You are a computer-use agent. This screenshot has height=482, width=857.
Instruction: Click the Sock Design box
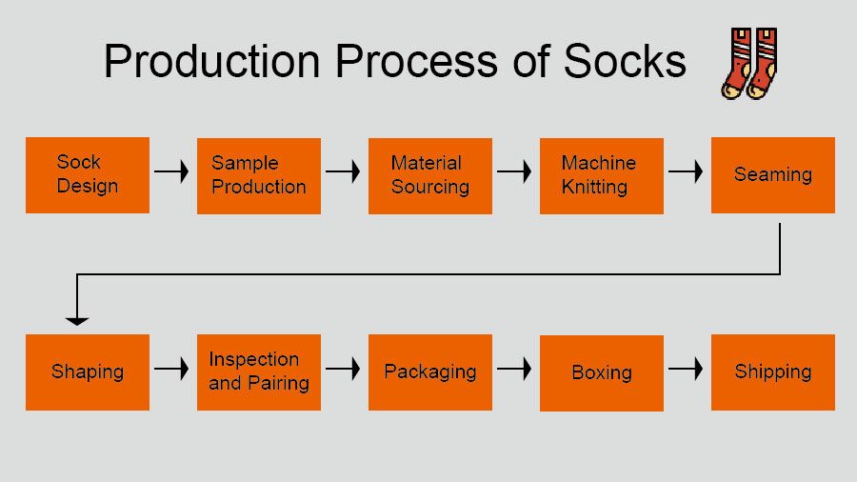pyautogui.click(x=88, y=175)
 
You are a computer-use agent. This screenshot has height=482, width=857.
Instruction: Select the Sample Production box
pyautogui.click(x=259, y=175)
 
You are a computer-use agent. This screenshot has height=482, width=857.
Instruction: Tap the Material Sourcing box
pyautogui.click(x=430, y=175)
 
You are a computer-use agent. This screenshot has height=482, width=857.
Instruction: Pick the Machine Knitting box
pyautogui.click(x=602, y=175)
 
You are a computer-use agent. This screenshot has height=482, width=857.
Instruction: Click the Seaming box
pyautogui.click(x=773, y=175)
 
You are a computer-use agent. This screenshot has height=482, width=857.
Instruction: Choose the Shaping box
pyautogui.click(x=88, y=372)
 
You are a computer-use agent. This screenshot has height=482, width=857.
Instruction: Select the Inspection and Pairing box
pyautogui.click(x=259, y=372)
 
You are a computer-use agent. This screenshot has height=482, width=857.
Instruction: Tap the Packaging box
pyautogui.click(x=430, y=372)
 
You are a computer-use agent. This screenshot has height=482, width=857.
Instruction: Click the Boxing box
pyautogui.click(x=602, y=372)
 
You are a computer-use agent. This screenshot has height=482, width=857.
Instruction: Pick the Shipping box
pyautogui.click(x=773, y=372)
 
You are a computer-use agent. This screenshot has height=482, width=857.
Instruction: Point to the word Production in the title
pyautogui.click(x=211, y=61)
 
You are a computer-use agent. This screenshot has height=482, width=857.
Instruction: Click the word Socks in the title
pyautogui.click(x=625, y=61)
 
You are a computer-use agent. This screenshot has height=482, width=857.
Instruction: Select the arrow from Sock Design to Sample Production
pyautogui.click(x=172, y=172)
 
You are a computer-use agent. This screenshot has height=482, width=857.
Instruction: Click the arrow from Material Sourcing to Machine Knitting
pyautogui.click(x=514, y=172)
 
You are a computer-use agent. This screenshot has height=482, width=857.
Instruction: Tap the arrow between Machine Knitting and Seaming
pyautogui.click(x=686, y=172)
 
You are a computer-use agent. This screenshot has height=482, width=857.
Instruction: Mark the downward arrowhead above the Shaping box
pyautogui.click(x=77, y=320)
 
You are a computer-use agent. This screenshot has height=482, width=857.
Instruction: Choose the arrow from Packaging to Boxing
pyautogui.click(x=514, y=369)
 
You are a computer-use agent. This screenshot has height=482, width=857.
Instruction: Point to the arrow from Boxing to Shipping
pyautogui.click(x=686, y=369)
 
